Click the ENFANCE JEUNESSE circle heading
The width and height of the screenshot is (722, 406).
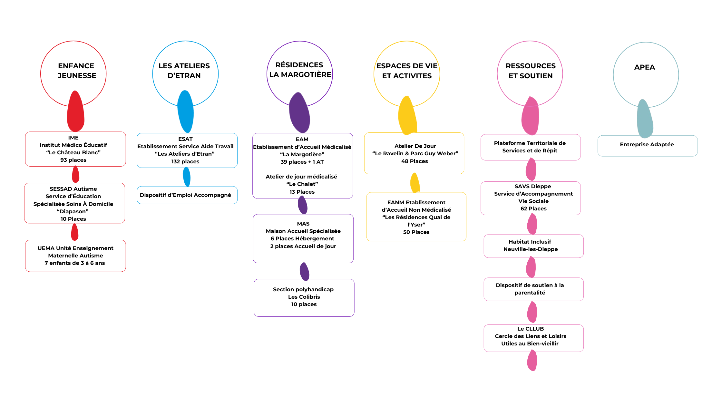pyautogui.click(x=76, y=71)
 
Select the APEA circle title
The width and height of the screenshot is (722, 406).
pyautogui.click(x=644, y=67)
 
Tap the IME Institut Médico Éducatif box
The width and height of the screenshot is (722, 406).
pyautogui.click(x=75, y=149)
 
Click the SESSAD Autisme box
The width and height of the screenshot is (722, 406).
pyautogui.click(x=74, y=203)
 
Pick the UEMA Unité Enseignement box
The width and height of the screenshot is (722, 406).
pyautogui.click(x=75, y=256)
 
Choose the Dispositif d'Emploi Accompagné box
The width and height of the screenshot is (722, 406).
pyautogui.click(x=187, y=195)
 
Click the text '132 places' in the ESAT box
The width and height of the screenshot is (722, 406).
pyautogui.click(x=185, y=161)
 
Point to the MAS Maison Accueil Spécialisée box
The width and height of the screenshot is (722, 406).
pyautogui.click(x=303, y=238)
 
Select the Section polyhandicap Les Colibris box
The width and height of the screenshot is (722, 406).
pyautogui.click(x=304, y=297)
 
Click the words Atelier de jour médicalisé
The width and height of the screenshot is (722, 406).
pyautogui.click(x=301, y=177)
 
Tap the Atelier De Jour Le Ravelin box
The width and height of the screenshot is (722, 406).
pyautogui.click(x=414, y=153)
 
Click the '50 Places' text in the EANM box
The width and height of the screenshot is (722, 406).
pyautogui.click(x=416, y=232)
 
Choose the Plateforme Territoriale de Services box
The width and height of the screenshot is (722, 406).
pyautogui.click(x=530, y=147)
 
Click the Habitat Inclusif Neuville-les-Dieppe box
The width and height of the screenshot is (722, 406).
pyautogui.click(x=533, y=246)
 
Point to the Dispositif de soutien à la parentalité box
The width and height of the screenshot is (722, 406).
pyautogui.click(x=533, y=289)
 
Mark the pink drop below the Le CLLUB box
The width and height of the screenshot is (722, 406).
pyautogui.click(x=532, y=361)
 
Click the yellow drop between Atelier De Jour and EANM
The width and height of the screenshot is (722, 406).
pyautogui.click(x=415, y=183)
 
